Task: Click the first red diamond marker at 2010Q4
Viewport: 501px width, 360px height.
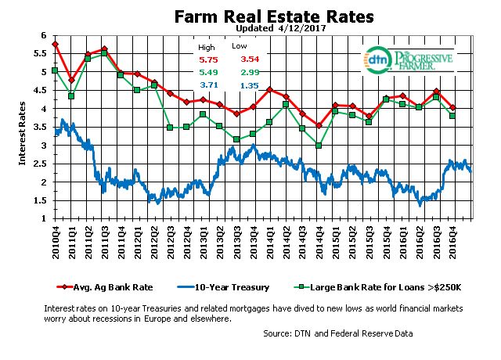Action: [55, 44]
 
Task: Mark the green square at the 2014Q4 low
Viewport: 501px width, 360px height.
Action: [319, 146]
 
